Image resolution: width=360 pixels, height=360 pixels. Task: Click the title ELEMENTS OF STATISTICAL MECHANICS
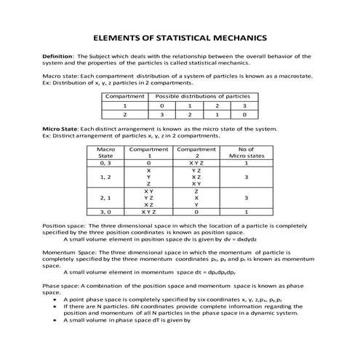click(180, 37)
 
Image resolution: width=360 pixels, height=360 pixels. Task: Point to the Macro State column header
click(105, 153)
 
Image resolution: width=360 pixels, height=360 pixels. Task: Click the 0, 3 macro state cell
click(105, 164)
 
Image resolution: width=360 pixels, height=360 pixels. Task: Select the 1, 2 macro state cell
click(105, 177)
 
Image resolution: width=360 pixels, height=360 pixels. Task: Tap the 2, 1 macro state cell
click(105, 198)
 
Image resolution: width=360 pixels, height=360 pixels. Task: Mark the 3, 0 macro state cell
click(105, 212)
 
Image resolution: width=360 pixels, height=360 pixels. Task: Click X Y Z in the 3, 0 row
click(148, 212)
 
